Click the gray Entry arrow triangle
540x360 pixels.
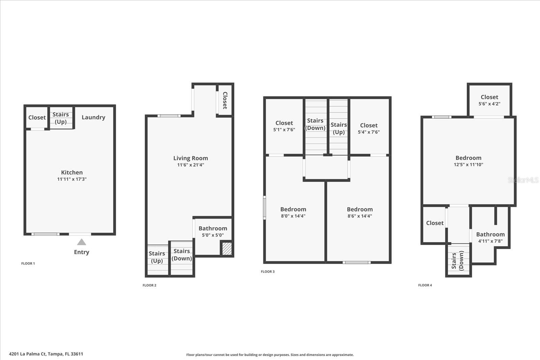click(x=81, y=242)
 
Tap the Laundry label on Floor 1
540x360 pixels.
click(x=93, y=117)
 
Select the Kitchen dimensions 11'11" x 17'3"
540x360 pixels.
click(x=72, y=179)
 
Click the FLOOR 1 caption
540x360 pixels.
click(x=28, y=264)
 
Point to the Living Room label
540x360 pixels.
click(x=191, y=158)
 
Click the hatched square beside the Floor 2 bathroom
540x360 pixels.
click(x=227, y=249)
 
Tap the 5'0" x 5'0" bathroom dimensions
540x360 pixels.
click(x=213, y=235)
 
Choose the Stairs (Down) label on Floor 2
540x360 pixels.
click(x=182, y=255)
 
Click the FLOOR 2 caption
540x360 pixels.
click(x=150, y=285)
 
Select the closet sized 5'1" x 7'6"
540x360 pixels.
click(x=284, y=126)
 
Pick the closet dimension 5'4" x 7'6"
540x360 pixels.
click(x=369, y=132)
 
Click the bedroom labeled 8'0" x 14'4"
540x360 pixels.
click(x=293, y=213)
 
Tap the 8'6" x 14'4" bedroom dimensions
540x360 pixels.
click(x=360, y=216)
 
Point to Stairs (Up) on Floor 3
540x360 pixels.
click(x=339, y=128)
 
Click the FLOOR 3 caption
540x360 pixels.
click(x=268, y=272)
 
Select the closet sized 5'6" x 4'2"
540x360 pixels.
click(x=489, y=100)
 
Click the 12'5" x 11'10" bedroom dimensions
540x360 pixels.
click(x=468, y=165)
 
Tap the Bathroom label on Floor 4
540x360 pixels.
click(x=490, y=234)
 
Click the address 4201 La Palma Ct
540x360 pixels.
click(x=46, y=354)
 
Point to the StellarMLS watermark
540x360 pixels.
click(x=523, y=180)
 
